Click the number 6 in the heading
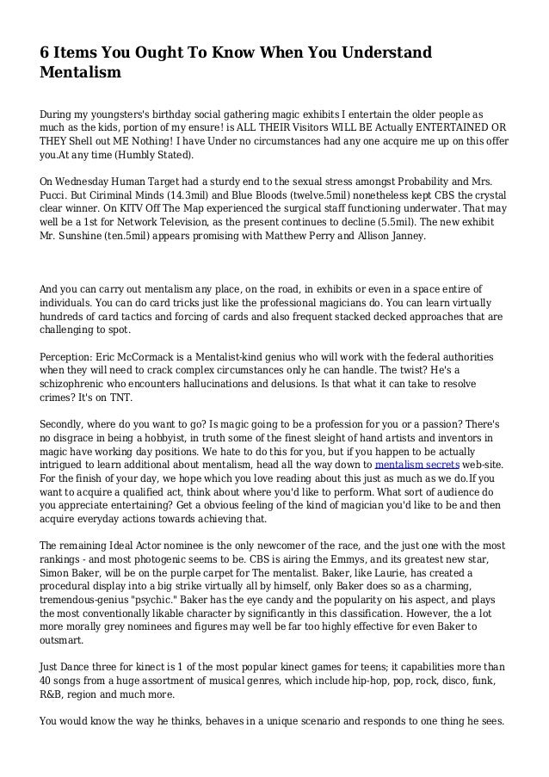(46, 54)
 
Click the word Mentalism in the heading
(80, 73)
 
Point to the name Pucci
(58, 196)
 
